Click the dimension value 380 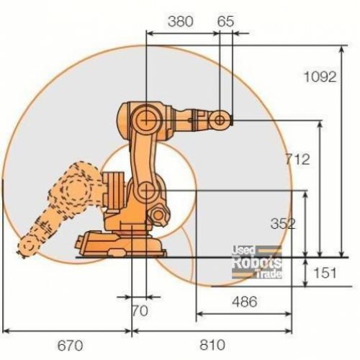tap(180, 22)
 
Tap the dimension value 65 tap(225, 22)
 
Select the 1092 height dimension tap(320, 77)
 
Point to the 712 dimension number tap(297, 159)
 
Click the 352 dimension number tap(283, 224)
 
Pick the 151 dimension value tap(325, 273)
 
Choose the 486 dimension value tap(245, 302)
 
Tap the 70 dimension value tap(140, 311)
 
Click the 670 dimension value tap(70, 346)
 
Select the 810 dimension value tap(212, 345)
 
